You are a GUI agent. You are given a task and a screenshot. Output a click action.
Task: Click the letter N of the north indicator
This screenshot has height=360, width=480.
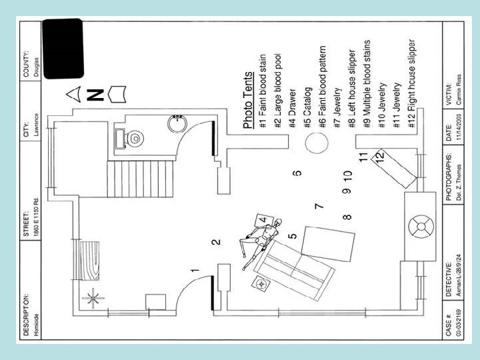point(95,94)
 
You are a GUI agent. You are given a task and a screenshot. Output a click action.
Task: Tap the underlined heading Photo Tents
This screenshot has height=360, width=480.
point(248,100)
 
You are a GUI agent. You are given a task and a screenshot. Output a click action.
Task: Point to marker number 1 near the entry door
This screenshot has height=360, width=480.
point(195,271)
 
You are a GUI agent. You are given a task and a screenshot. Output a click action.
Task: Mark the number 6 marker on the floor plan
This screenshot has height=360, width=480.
point(297,172)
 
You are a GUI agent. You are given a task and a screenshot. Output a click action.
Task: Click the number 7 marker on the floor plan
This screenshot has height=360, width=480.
point(319,207)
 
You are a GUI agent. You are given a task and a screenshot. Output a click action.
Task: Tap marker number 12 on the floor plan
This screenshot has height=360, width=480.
point(379,156)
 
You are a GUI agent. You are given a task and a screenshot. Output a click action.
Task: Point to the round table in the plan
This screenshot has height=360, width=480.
point(316,142)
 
